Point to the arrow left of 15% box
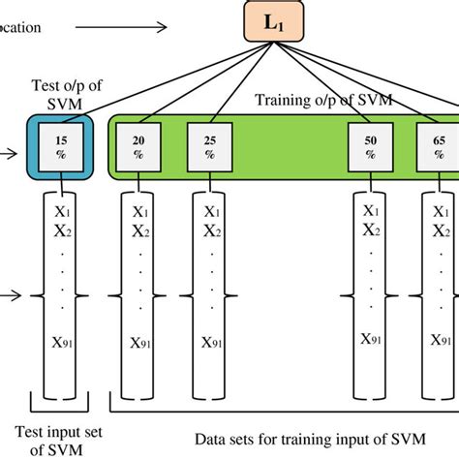pyautogui.click(x=12, y=151)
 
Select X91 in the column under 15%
pyautogui.click(x=61, y=341)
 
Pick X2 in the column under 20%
pyautogui.click(x=140, y=231)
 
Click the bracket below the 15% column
pyautogui.click(x=61, y=399)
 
